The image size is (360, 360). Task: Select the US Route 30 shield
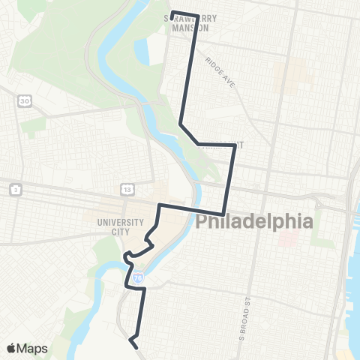click(x=25, y=100)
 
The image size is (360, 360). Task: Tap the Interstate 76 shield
click(x=137, y=277)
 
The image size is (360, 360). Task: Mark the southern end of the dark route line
click(x=136, y=346)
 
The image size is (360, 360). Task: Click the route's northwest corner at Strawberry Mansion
click(x=172, y=12)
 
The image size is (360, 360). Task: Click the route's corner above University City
click(x=159, y=204)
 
